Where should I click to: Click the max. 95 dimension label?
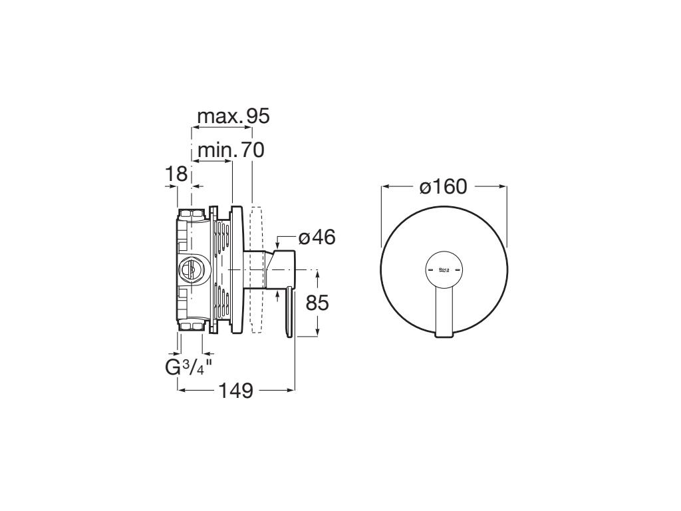click(233, 116)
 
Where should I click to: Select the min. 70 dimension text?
click(231, 150)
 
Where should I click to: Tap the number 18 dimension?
click(176, 174)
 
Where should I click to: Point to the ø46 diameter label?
click(317, 238)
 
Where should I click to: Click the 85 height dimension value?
click(317, 303)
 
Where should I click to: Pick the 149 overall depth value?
click(236, 391)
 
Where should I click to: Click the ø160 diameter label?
click(444, 187)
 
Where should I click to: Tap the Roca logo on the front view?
click(444, 270)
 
